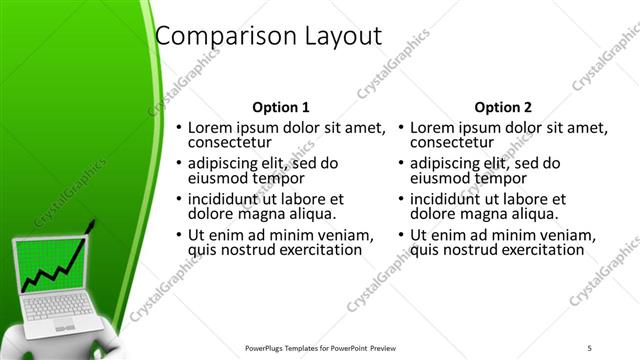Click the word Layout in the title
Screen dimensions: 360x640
[x=336, y=36]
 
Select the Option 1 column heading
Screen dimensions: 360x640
[x=281, y=107]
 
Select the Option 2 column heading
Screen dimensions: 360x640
[x=503, y=107]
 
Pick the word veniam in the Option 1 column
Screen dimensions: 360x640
[x=346, y=235]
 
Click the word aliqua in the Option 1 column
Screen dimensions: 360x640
[x=311, y=213]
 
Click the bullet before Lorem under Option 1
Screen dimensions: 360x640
[x=179, y=128]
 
